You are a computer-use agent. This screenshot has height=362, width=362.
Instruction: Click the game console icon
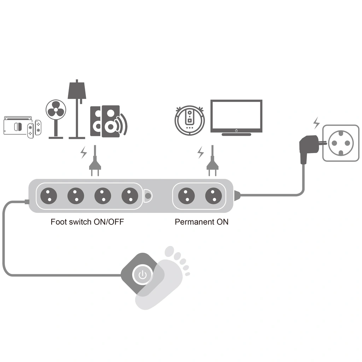(22, 127)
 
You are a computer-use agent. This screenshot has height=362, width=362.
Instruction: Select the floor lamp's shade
(77, 90)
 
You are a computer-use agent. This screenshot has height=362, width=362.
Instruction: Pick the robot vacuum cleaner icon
(190, 118)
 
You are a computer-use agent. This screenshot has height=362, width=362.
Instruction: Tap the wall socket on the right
(340, 143)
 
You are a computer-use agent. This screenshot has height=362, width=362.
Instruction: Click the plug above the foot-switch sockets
(94, 166)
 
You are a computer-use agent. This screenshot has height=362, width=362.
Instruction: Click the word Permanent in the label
(193, 222)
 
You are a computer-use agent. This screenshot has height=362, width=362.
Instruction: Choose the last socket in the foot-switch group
(130, 195)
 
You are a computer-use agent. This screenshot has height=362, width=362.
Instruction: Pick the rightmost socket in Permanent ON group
(213, 195)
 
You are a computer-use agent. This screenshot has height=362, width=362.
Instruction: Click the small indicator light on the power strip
(148, 195)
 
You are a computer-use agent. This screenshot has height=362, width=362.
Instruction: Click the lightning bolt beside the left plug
(84, 152)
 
